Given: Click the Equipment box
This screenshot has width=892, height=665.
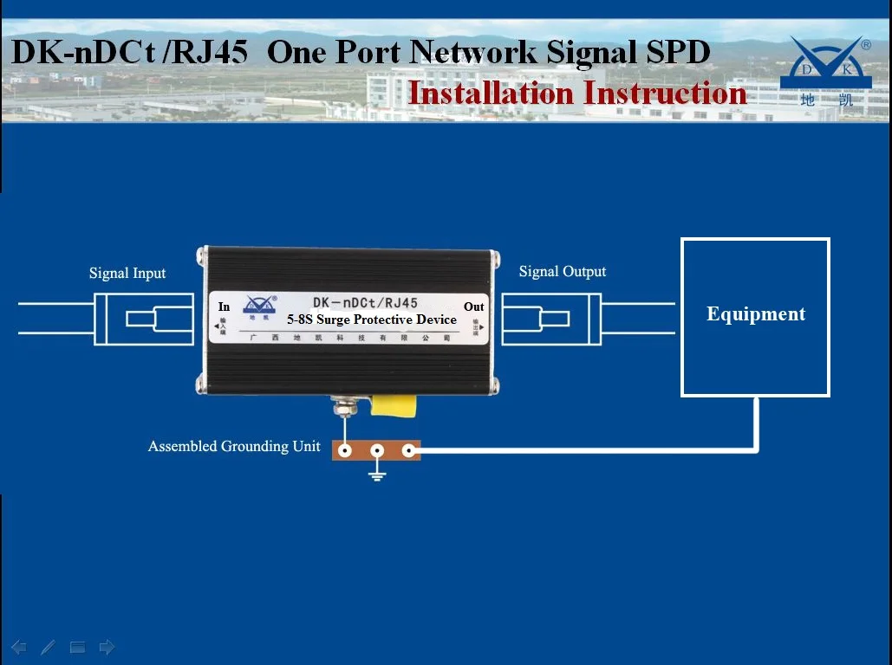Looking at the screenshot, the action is coord(755,317).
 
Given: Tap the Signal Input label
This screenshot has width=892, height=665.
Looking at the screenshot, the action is coord(127,274).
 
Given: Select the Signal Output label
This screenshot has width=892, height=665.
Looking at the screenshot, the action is coord(563,272).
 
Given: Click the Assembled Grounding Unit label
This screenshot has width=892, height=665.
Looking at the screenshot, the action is coord(234,447).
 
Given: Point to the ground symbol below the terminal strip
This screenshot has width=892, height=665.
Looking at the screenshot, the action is coord(376,473).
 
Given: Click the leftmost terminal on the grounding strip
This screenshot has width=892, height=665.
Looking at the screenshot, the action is coord(346,450).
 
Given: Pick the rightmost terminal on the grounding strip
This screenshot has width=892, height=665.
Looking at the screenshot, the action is coord(408,450).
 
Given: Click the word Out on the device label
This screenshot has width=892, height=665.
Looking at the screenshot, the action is coord(474,307).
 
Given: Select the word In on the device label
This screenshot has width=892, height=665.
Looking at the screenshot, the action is coord(225,307).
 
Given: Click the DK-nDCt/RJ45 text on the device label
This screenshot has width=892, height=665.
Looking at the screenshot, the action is coord(365,303).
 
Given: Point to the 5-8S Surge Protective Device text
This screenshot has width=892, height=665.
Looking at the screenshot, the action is coord(372,320).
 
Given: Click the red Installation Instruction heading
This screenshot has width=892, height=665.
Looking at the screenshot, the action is coord(577,93).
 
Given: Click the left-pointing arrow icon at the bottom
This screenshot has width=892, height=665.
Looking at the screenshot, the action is coord(19,647).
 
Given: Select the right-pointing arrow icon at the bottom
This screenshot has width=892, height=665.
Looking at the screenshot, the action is coord(107,647).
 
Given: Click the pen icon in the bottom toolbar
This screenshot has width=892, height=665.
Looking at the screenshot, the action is coord(48,647).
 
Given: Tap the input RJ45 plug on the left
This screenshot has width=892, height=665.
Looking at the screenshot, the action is coord(143,319).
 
